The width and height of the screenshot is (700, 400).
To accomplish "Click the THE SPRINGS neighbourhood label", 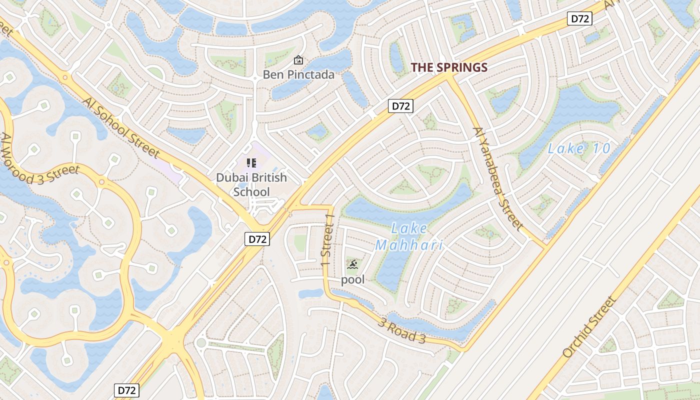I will tap(448, 67).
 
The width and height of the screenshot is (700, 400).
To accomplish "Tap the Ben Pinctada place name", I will tap(299, 75).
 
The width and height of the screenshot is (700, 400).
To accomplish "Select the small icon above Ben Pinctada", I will tap(298, 60).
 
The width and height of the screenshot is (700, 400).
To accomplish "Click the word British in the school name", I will tap(269, 177).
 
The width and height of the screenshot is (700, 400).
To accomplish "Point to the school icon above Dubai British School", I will tap(251, 162).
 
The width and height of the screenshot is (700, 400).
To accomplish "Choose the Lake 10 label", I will tap(579, 148).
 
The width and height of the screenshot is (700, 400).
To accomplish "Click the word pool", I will tap(352, 279).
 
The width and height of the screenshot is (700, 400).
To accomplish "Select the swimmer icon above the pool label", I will tap(352, 264).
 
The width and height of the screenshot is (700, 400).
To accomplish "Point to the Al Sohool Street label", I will tap(121, 128).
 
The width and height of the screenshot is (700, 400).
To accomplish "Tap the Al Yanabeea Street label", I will tap(497, 178).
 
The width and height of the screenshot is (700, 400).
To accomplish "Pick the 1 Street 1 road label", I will tap(327, 241).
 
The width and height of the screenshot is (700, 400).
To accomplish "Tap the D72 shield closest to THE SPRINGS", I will tap(401, 106).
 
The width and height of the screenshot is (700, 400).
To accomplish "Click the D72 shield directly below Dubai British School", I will tap(257, 239).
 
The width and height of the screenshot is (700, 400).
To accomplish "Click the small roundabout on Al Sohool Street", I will tap(64, 77).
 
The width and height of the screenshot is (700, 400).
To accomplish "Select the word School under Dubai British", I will tap(251, 192).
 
